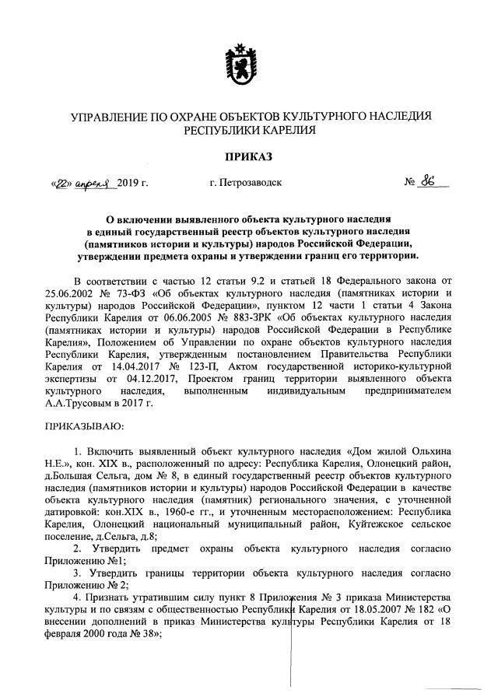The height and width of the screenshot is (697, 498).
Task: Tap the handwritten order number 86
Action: pyautogui.click(x=426, y=183)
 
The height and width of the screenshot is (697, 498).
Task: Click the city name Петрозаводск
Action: pyautogui.click(x=246, y=184)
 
